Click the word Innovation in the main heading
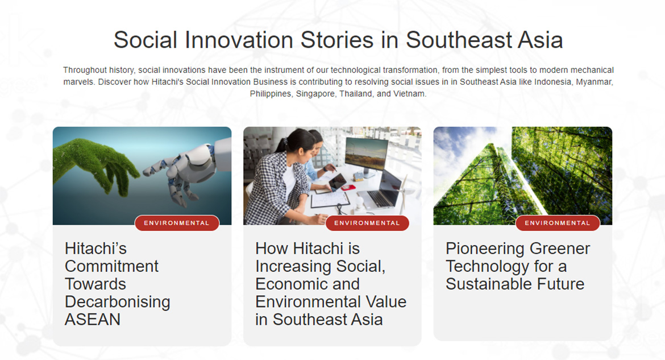(x=239, y=40)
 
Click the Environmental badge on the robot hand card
(x=177, y=223)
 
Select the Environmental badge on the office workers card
(x=367, y=223)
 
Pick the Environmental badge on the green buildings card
(x=558, y=223)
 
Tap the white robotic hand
(x=186, y=170)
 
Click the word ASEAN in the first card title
(x=93, y=320)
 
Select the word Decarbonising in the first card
(x=118, y=302)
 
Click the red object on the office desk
(x=348, y=187)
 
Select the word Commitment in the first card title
(x=111, y=266)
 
